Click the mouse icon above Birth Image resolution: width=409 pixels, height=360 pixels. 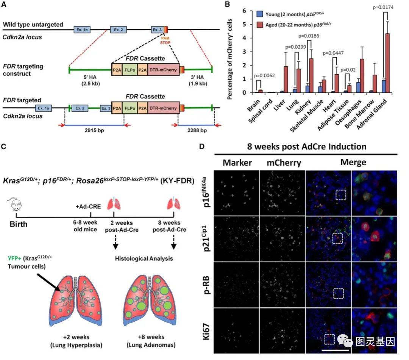(15, 206)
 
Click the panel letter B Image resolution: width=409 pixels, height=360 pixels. (228, 5)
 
